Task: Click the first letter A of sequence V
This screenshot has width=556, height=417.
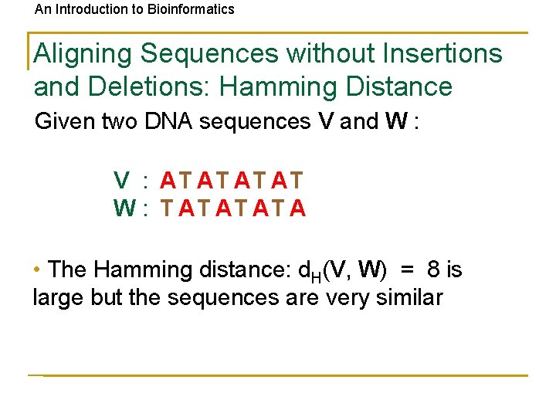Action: tap(168, 181)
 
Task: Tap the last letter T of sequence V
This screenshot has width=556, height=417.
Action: tap(297, 181)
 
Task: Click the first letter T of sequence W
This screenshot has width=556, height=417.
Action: tap(168, 208)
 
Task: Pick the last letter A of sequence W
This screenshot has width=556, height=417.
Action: tap(298, 208)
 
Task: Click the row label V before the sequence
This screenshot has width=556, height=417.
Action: tap(121, 181)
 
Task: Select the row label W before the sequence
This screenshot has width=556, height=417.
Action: tap(124, 208)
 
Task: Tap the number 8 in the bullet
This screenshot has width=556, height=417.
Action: tap(434, 270)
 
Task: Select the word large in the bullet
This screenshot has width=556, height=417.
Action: tap(59, 298)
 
